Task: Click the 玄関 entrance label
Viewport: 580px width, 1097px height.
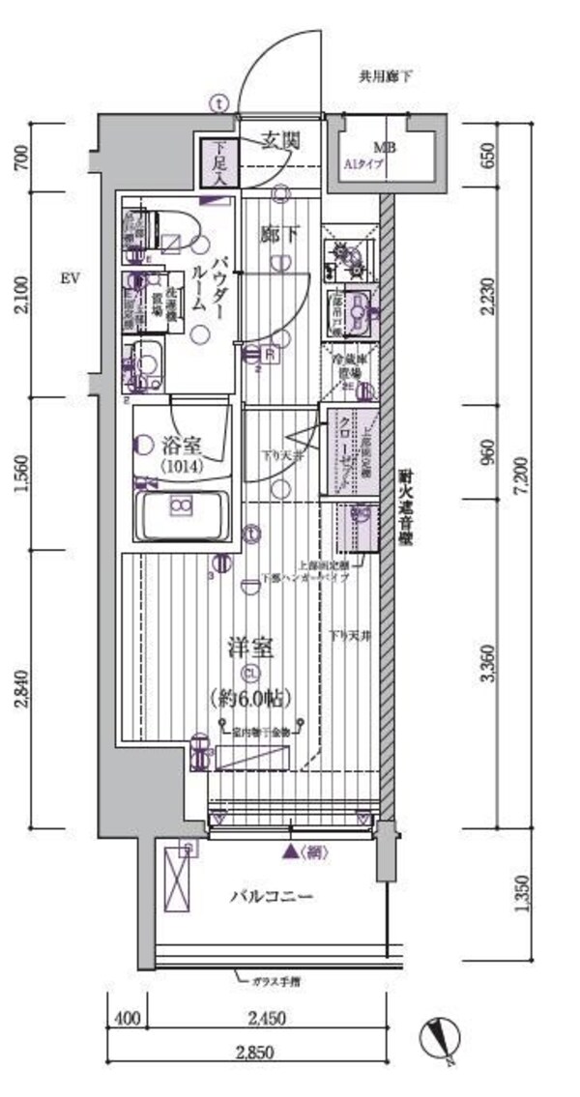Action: coord(279,142)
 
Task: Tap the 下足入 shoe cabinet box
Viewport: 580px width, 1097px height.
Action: coord(219,162)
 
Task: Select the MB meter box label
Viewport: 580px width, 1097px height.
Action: coord(385,148)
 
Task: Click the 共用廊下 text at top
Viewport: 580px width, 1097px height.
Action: coord(386,76)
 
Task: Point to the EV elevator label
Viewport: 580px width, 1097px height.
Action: coord(69,278)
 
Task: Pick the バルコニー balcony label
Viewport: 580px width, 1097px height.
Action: coord(270,897)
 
